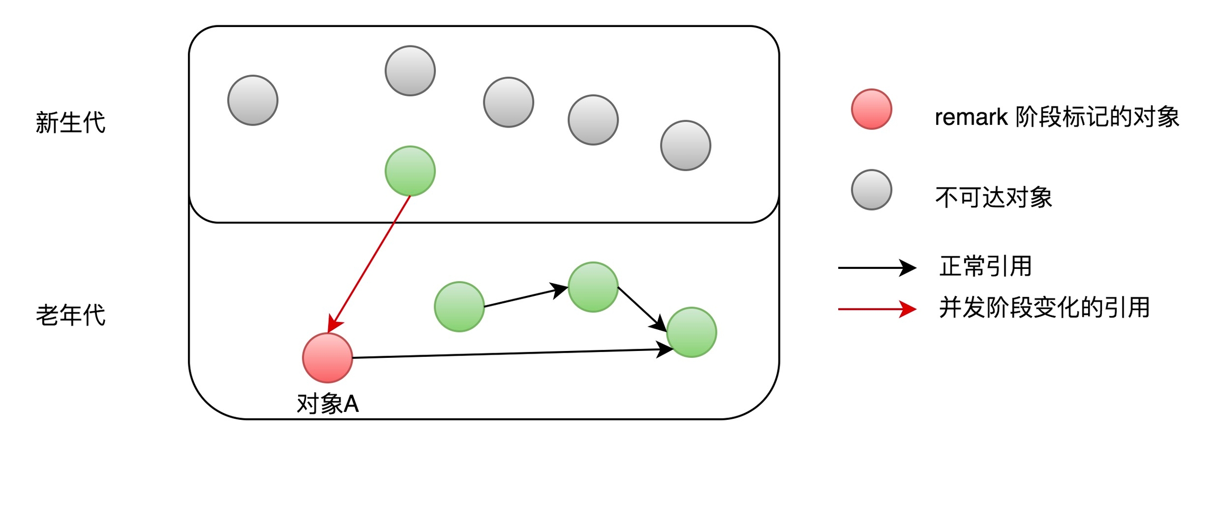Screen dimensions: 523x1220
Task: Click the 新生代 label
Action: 70,122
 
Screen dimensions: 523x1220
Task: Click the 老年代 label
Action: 70,315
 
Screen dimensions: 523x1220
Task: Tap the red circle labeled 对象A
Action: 327,358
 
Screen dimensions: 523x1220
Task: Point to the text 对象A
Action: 327,404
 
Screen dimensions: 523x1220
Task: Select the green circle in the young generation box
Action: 410,171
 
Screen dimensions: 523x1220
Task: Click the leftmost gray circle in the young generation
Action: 253,101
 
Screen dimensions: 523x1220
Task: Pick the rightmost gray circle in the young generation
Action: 685,146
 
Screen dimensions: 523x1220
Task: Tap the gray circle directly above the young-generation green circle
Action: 410,71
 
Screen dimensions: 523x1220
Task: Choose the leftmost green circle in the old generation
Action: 459,306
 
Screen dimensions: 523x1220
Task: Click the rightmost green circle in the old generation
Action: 691,332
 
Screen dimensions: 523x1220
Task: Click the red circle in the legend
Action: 871,109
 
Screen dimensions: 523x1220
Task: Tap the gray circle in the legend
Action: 871,190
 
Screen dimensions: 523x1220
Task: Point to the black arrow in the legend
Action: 876,268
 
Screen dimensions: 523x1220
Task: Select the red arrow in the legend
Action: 876,309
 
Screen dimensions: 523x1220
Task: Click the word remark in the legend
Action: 971,118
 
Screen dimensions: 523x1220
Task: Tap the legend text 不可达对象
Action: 993,197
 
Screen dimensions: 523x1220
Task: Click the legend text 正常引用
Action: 985,266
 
